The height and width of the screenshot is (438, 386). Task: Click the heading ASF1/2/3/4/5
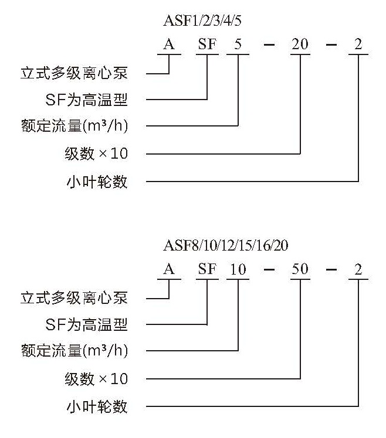202,20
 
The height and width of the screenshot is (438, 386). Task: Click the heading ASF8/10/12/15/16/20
226,245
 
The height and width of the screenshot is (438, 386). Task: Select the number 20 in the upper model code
300,44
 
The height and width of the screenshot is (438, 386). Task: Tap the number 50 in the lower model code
300,269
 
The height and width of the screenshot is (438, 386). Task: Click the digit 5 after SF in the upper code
238,44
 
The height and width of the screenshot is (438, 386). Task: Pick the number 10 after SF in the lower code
238,269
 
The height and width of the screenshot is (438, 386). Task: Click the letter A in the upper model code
169,44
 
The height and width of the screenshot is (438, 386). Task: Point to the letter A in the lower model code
169,269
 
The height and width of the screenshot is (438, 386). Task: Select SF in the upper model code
208,44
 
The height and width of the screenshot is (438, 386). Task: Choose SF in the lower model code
208,269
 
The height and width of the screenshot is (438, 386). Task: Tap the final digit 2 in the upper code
358,44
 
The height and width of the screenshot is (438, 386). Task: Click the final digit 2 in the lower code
358,269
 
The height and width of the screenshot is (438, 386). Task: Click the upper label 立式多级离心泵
74,73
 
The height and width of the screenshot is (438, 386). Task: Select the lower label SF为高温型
86,324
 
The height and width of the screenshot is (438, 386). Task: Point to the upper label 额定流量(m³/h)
75,126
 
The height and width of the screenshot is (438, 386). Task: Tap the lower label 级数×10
96,379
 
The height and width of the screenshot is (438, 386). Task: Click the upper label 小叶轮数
97,182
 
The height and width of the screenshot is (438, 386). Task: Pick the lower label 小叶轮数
97,406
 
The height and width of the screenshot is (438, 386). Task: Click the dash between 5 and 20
269,45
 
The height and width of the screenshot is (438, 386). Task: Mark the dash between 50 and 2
331,269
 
